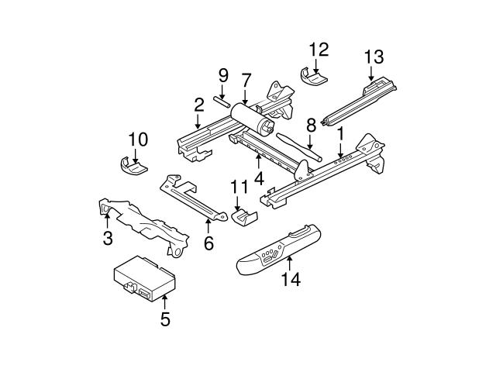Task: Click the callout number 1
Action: pos(339,133)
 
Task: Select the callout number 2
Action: pos(199,104)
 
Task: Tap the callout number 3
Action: pos(108,239)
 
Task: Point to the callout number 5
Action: pos(164,319)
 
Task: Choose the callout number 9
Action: pos(223,76)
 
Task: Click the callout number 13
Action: pos(374,57)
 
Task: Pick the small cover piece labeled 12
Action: pos(313,77)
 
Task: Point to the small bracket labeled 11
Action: pos(243,217)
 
